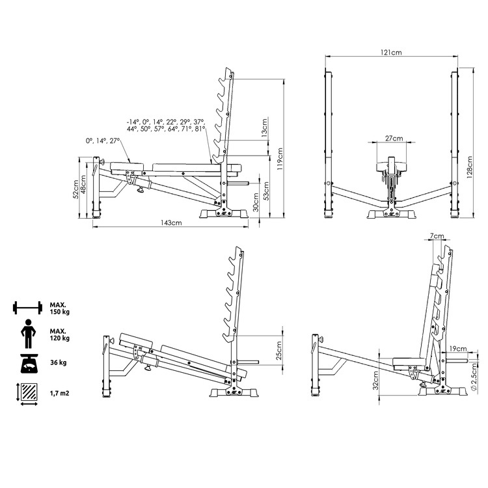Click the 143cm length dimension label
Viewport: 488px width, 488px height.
pyautogui.click(x=171, y=223)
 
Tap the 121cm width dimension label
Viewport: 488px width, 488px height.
pyautogui.click(x=391, y=52)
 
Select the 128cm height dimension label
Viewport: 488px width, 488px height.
pyautogui.click(x=469, y=167)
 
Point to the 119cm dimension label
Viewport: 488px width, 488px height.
pyautogui.click(x=280, y=159)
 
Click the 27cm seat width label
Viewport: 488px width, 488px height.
pyautogui.click(x=394, y=138)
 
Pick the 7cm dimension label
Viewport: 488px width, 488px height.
pyautogui.click(x=437, y=236)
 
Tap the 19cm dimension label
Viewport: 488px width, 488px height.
pyautogui.click(x=458, y=349)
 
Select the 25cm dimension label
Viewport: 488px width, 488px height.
pyautogui.click(x=279, y=351)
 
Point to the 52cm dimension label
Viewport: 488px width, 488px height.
pyautogui.click(x=75, y=189)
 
